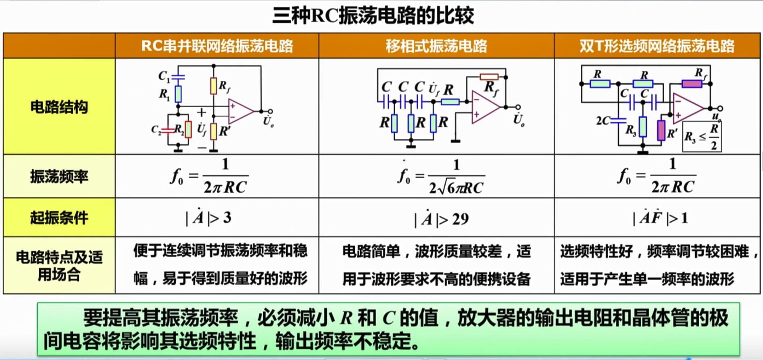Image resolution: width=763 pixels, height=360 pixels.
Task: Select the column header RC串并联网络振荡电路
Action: pos(217,46)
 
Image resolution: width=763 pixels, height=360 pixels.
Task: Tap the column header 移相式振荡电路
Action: pos(436,46)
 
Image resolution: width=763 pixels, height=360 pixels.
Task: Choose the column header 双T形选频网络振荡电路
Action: pos(657,46)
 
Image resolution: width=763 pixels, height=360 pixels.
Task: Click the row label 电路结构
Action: pos(59,107)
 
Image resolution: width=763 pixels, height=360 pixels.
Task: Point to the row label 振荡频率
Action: pos(59,177)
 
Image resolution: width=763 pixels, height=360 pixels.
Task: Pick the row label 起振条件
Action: pos(59,218)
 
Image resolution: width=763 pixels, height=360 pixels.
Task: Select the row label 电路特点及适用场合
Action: pos(59,266)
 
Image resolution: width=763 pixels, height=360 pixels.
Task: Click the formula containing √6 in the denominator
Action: pos(442,177)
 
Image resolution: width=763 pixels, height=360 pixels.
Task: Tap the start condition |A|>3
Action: pos(208,218)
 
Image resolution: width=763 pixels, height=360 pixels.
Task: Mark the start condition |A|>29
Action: pos(442,219)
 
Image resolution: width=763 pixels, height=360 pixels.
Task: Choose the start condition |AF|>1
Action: pos(661,218)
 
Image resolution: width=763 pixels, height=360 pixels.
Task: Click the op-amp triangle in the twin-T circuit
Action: pos(688,108)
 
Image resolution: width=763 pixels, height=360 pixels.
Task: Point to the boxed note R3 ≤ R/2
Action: pos(702,137)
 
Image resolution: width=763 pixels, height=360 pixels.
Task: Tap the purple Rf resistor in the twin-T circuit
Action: pos(692,84)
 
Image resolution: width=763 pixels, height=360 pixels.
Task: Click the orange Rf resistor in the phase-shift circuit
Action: pos(489,77)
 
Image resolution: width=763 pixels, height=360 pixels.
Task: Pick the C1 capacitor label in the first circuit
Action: pos(164,76)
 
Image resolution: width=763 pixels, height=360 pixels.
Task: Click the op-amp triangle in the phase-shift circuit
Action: pos(484,107)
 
